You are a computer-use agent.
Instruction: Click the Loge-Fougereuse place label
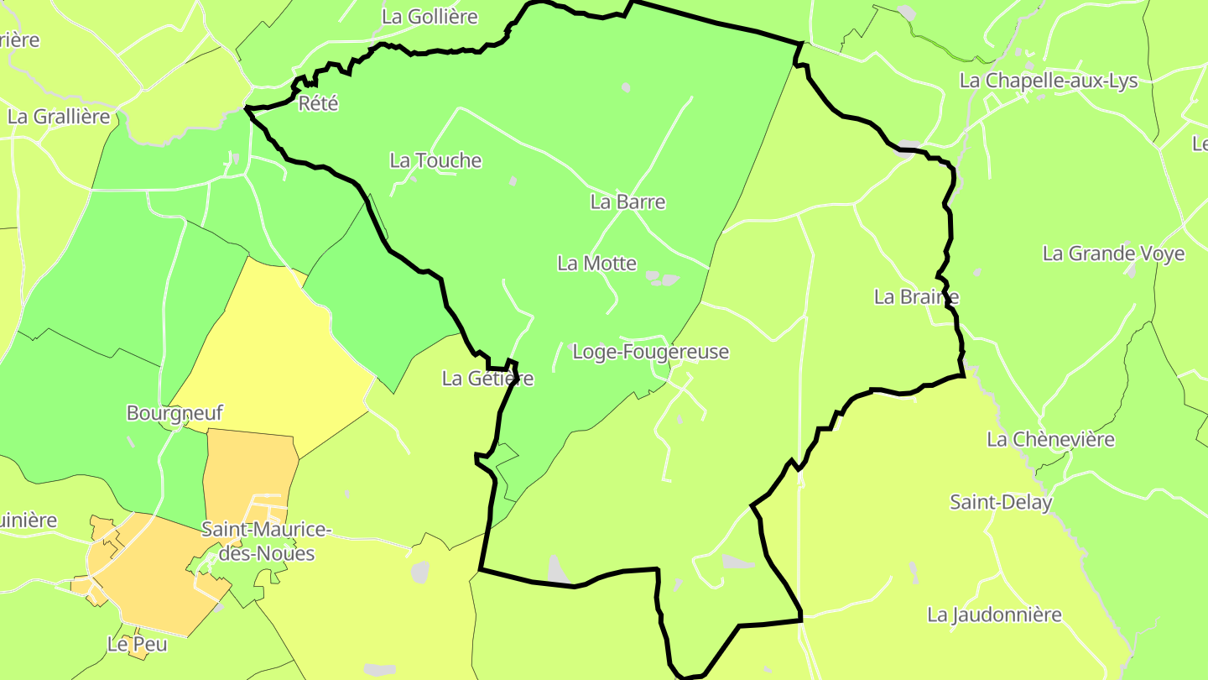(x=650, y=353)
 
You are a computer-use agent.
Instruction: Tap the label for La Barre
(x=627, y=201)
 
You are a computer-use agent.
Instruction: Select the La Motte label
(x=596, y=264)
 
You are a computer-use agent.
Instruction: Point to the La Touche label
(x=435, y=160)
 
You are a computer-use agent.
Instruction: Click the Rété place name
(x=318, y=104)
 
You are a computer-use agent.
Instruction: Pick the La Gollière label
(x=430, y=17)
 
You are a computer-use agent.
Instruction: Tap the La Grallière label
(x=59, y=117)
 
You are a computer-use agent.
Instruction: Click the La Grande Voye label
(x=1113, y=254)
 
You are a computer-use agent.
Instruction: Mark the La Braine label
(x=916, y=297)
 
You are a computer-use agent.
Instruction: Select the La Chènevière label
(x=1050, y=439)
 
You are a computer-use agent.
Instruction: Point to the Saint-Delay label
(x=1001, y=502)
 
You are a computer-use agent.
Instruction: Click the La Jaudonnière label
(x=994, y=615)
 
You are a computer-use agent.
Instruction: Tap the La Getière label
(x=487, y=379)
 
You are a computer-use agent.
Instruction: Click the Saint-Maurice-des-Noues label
(x=267, y=541)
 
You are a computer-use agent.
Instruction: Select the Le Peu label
(x=137, y=645)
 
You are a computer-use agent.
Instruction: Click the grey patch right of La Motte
(x=663, y=279)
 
